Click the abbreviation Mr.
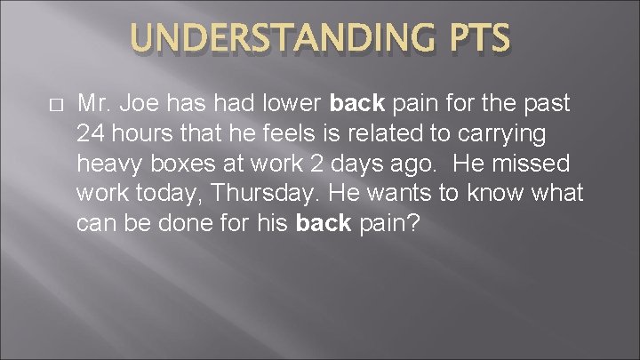pos(92,104)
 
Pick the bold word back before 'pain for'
pos(357,104)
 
